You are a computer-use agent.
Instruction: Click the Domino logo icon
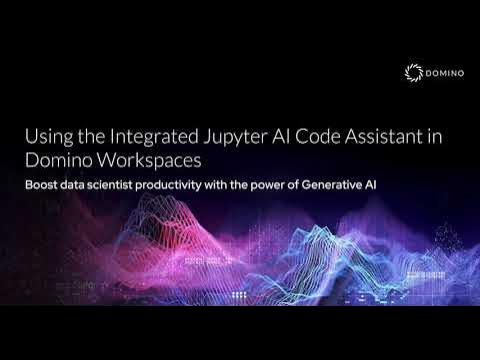point(413,72)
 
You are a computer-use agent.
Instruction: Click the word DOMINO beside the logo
point(440,72)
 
